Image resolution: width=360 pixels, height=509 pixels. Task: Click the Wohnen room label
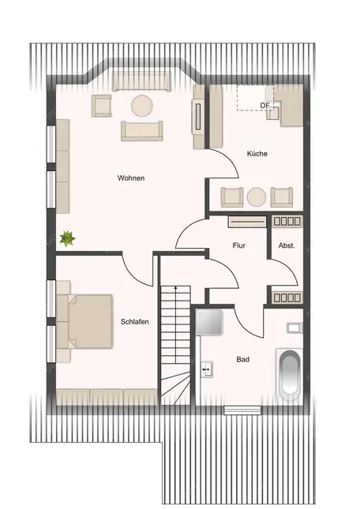coord(131,178)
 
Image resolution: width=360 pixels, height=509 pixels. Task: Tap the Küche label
coord(257,154)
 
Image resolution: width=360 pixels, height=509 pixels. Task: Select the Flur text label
coord(238,245)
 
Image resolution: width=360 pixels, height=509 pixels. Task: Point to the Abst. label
coord(286,245)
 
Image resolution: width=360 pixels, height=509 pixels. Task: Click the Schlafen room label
coord(135,322)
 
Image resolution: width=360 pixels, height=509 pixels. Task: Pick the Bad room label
coord(243,360)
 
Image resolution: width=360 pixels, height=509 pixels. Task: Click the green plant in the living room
coord(68,237)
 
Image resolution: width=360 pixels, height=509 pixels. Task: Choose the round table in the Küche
coord(257,196)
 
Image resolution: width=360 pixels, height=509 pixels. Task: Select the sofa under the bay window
coord(141,81)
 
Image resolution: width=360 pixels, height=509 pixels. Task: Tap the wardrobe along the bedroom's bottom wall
coord(107,395)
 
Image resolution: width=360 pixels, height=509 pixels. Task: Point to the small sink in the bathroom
coord(206,368)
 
